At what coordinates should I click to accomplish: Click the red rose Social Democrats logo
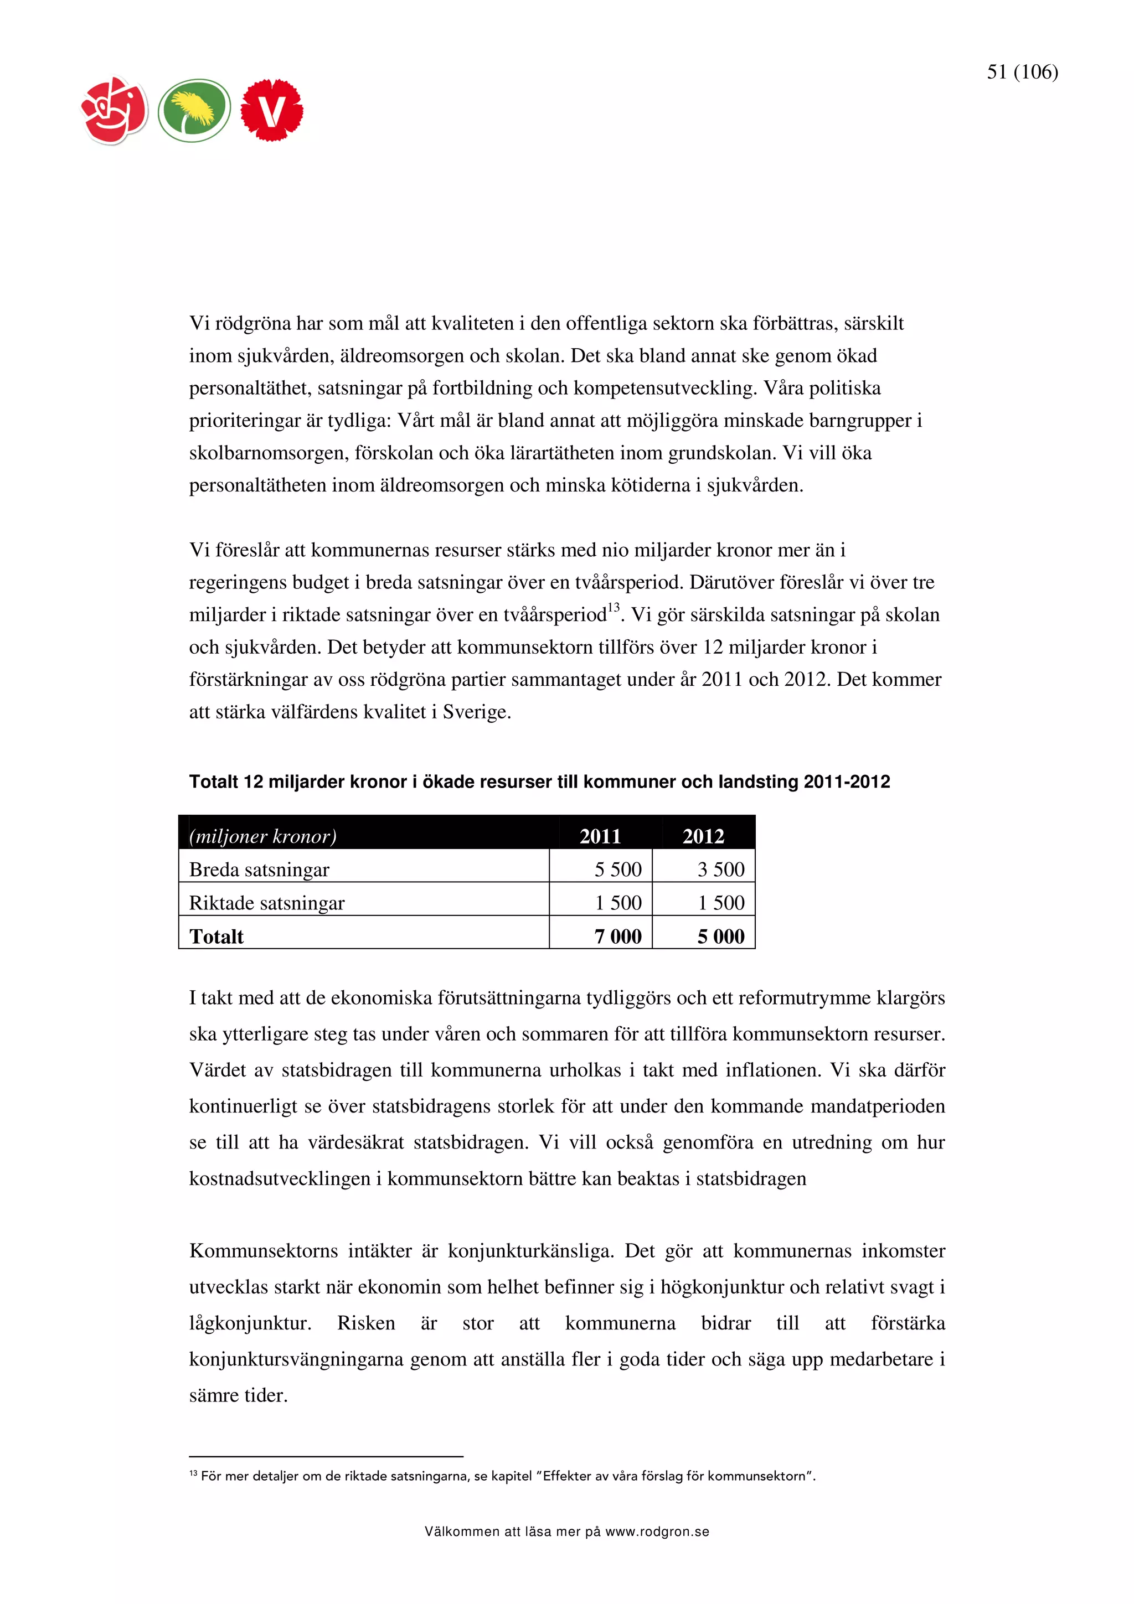pyautogui.click(x=115, y=110)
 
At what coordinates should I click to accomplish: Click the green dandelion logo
pyautogui.click(x=194, y=110)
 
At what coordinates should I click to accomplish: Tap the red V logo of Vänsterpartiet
pyautogui.click(x=271, y=110)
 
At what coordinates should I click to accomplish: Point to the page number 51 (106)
pyautogui.click(x=1022, y=72)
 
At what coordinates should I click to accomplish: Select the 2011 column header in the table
pyautogui.click(x=600, y=836)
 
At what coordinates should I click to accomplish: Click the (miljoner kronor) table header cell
pyautogui.click(x=262, y=836)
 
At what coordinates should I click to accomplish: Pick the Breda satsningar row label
pyautogui.click(x=259, y=870)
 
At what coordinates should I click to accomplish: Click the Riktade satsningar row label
pyautogui.click(x=266, y=903)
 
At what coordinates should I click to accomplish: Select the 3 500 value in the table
pyautogui.click(x=720, y=870)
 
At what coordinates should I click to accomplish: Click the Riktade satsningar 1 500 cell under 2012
pyautogui.click(x=720, y=903)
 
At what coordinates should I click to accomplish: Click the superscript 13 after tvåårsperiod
pyautogui.click(x=614, y=607)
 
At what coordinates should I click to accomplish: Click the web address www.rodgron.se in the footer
pyautogui.click(x=657, y=1532)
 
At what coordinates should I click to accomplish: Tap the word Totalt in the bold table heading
pyautogui.click(x=213, y=782)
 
